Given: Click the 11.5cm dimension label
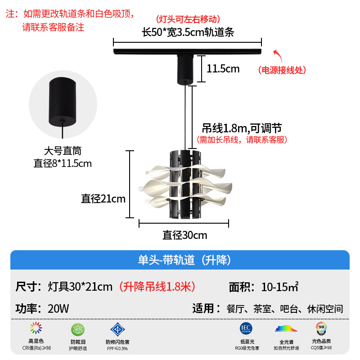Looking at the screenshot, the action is [223, 69].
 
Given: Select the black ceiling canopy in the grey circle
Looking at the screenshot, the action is [63, 102].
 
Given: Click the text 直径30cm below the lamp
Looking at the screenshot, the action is [184, 235].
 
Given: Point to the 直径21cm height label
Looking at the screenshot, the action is [103, 198].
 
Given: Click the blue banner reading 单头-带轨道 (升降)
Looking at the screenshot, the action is [180, 260].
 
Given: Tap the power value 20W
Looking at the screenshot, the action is [58, 309].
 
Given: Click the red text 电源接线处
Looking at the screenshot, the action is [282, 70].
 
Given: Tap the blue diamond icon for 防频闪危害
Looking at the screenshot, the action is [117, 329].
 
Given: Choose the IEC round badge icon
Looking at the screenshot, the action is [246, 328].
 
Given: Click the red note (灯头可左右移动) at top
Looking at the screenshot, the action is [188, 19].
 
